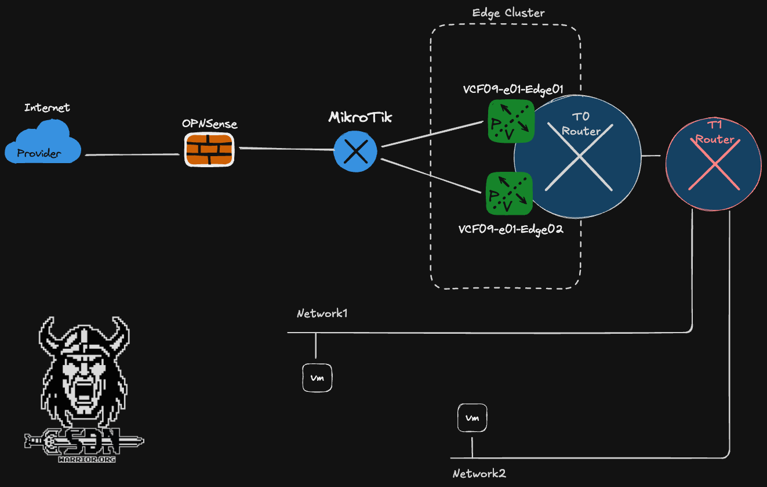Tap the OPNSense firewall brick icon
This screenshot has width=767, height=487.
click(x=209, y=150)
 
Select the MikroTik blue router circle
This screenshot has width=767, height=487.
click(x=355, y=151)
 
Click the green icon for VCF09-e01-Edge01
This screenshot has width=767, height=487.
click(x=510, y=121)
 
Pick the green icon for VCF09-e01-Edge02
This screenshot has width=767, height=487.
click(x=509, y=193)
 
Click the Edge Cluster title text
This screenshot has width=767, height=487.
click(x=508, y=13)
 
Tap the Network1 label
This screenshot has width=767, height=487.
click(x=322, y=313)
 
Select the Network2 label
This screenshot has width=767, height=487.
click(x=479, y=473)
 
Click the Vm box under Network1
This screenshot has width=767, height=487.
click(x=317, y=378)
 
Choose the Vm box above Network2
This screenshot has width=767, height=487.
click(x=472, y=418)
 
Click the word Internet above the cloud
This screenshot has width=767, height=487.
click(x=47, y=107)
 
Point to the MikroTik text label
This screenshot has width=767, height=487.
click(x=360, y=117)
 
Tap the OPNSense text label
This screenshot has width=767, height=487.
click(x=209, y=124)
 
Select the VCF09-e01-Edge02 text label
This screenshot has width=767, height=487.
click(x=511, y=229)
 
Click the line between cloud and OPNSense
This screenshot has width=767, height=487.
click(x=132, y=154)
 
